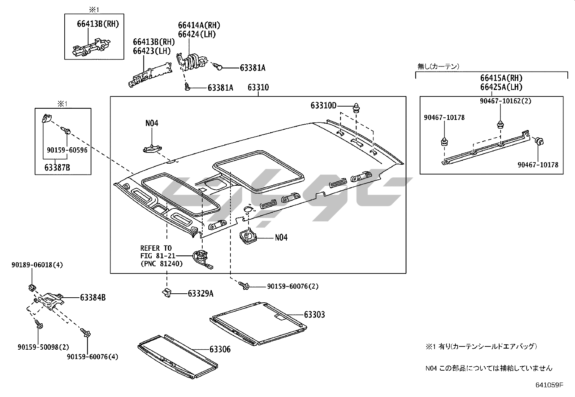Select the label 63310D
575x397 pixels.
tap(323, 105)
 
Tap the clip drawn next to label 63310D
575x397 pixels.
tap(357, 107)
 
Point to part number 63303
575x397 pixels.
tap(314, 315)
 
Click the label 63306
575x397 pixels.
tap(220, 349)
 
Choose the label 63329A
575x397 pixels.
tap(200, 294)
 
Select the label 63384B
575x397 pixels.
tap(93, 298)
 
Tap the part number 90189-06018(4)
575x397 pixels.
tap(36, 265)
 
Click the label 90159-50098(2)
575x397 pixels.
tap(43, 347)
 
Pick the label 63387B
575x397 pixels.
tap(57, 167)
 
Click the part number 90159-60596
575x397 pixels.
tap(67, 150)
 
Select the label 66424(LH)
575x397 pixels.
tap(197, 34)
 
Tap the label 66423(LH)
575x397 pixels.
tap(152, 51)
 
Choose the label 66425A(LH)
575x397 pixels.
tap(501, 87)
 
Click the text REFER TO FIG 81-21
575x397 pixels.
tap(156, 252)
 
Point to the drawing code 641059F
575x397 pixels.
tap(549, 385)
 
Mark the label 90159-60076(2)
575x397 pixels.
tap(293, 286)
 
